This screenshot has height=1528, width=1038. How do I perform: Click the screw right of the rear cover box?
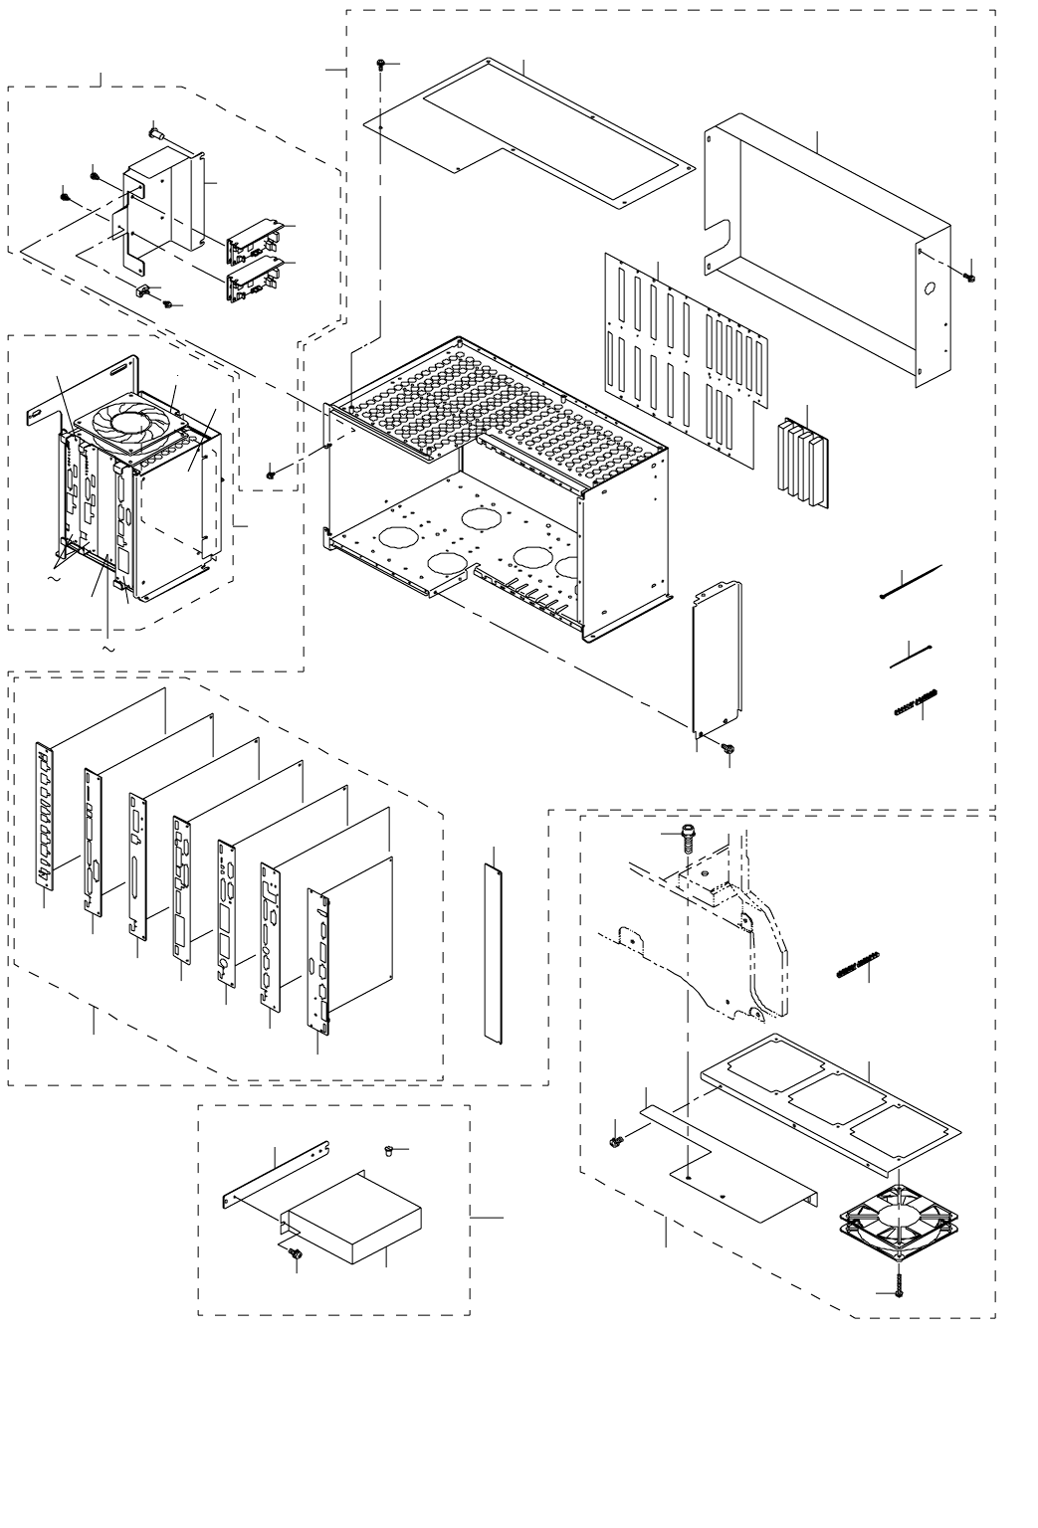[x=972, y=275]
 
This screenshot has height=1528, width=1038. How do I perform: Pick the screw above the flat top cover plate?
[x=381, y=65]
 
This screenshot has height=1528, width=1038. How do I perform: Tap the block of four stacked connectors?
[x=801, y=463]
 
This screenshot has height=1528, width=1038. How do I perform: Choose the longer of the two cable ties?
[x=912, y=582]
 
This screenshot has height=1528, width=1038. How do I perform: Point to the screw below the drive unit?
[x=295, y=1258]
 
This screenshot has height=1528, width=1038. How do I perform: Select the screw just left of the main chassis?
[x=271, y=476]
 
